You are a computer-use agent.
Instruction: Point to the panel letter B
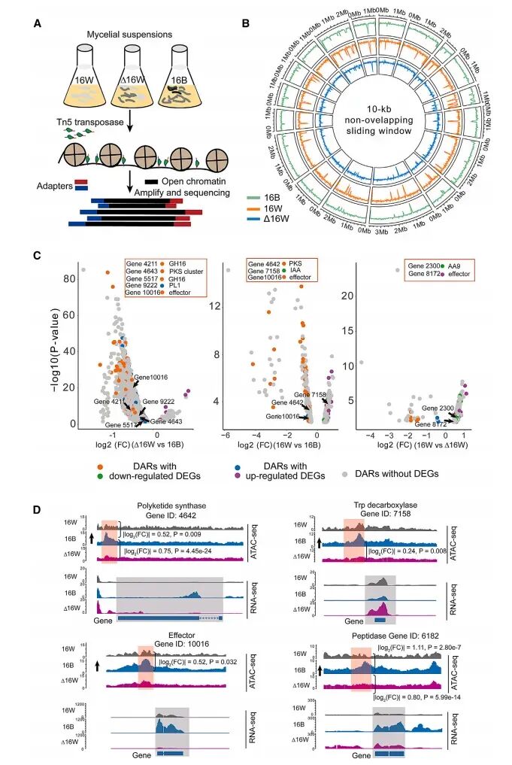pyautogui.click(x=246, y=23)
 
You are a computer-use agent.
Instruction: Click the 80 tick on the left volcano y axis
pyautogui.click(x=69, y=279)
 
